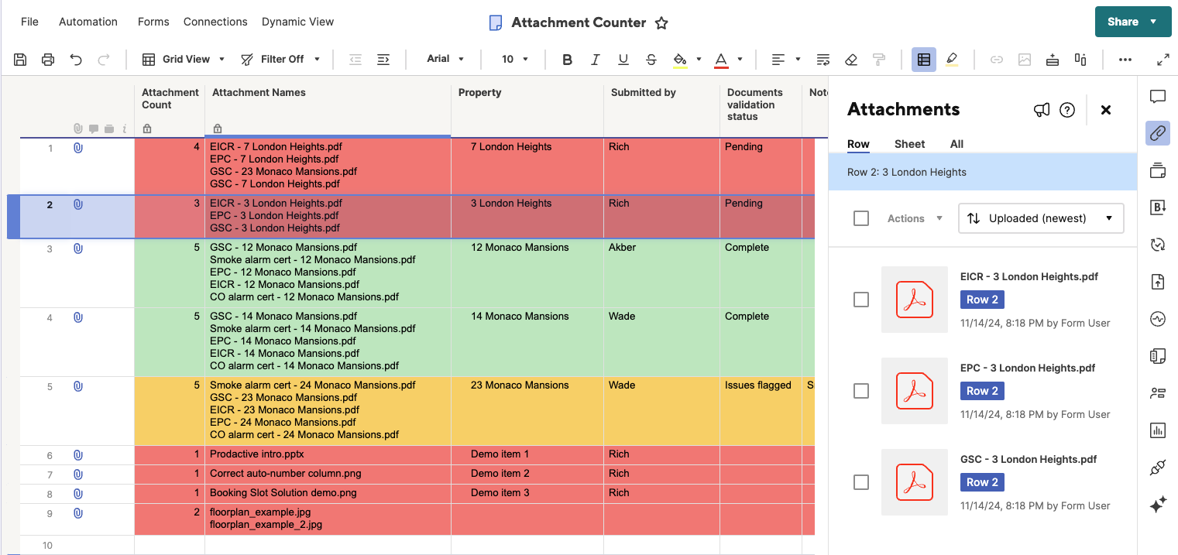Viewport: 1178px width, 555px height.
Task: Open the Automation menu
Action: tap(88, 22)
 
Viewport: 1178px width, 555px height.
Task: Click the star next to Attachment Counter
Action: tap(661, 23)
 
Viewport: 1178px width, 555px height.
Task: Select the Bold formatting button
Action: tap(567, 59)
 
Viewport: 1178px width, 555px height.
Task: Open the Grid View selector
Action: tap(184, 59)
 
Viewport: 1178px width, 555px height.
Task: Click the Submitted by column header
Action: tap(643, 93)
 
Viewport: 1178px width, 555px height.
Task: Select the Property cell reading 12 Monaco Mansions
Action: tap(520, 248)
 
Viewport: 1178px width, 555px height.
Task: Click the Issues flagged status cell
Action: tap(757, 385)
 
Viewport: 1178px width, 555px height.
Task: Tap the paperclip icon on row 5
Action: tap(78, 386)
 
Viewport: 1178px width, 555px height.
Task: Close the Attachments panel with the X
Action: tap(1106, 110)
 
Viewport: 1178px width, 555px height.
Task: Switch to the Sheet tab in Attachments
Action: tap(909, 144)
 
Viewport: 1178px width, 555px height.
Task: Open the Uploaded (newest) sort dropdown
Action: tap(1041, 218)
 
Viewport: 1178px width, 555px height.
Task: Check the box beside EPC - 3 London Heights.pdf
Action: tap(861, 391)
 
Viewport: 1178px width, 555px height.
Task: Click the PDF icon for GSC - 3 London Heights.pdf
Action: tap(915, 482)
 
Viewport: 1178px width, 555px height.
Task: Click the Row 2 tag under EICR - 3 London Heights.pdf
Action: tap(982, 300)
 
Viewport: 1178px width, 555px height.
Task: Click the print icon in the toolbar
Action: tap(48, 59)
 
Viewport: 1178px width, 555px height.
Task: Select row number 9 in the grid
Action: tap(50, 513)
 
